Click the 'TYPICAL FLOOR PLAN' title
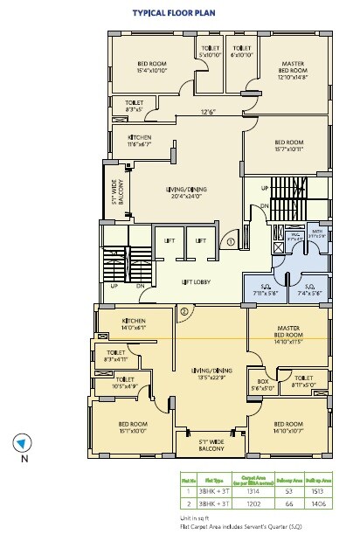point(174,14)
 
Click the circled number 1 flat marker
point(232,241)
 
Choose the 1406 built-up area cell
point(320,504)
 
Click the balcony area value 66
point(286,504)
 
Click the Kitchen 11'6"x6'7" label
point(140,142)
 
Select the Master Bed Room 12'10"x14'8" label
point(292,69)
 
